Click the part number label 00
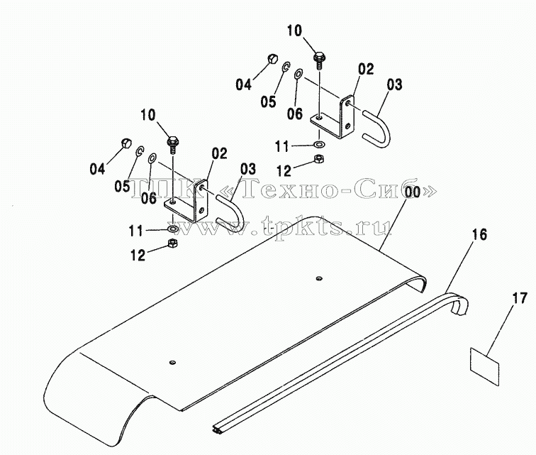[413, 192]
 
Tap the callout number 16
[479, 235]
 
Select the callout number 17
[520, 299]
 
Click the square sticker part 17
[484, 366]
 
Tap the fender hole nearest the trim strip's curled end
[319, 278]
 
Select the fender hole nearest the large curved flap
[172, 362]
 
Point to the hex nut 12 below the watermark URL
[172, 243]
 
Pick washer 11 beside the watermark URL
[172, 229]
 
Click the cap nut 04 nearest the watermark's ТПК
[126, 143]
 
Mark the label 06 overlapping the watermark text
[149, 197]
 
